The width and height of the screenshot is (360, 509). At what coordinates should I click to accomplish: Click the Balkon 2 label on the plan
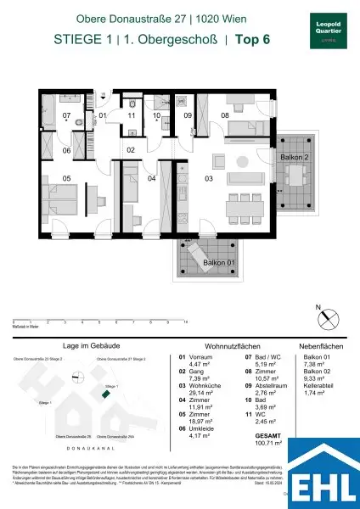296,158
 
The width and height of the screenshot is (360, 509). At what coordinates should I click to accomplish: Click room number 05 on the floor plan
44,179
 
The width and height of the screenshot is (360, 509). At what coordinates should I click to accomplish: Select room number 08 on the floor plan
226,115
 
